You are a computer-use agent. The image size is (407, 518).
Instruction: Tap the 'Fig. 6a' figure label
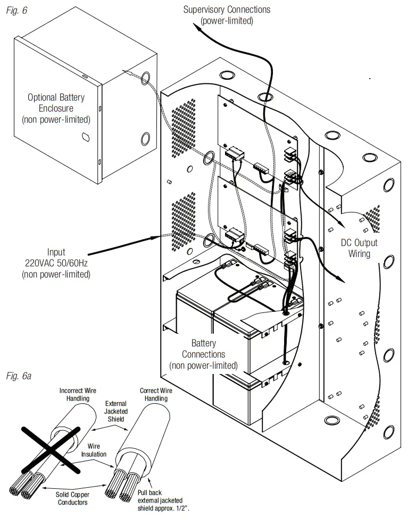19,377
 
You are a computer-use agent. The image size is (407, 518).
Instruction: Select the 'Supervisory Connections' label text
227,10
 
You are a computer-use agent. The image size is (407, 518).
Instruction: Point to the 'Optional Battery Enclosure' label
56,108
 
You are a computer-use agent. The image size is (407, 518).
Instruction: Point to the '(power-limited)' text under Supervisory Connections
227,21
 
